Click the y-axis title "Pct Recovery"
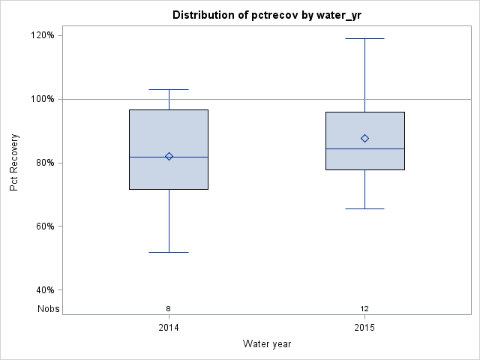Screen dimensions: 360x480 click(14, 163)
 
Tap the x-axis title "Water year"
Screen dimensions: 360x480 click(267, 343)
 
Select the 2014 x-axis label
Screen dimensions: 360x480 click(169, 328)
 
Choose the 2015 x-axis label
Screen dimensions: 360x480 click(364, 328)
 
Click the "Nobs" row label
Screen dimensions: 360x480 click(49, 308)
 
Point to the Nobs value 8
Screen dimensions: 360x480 click(169, 308)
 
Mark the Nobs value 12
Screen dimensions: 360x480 click(364, 308)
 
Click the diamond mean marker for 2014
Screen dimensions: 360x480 click(169, 156)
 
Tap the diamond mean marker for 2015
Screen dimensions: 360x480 click(364, 138)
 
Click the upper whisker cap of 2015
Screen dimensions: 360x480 click(364, 38)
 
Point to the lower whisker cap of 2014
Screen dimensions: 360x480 click(169, 252)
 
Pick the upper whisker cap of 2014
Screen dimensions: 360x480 click(169, 89)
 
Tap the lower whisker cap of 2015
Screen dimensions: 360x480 click(364, 208)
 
